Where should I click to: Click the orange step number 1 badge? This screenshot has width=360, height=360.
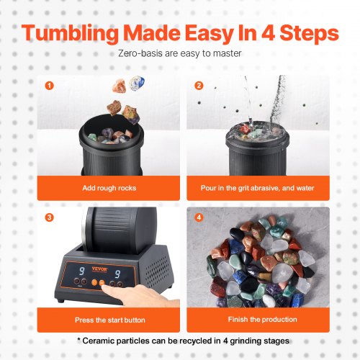pos(49,85)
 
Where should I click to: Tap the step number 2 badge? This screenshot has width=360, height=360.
pos(199,85)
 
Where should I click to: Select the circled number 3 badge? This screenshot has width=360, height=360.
pos(49,217)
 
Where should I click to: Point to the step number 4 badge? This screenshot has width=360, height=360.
pos(199,217)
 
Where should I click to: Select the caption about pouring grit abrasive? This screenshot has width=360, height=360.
pos(258,187)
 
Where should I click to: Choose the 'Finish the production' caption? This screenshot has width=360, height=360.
pos(258,319)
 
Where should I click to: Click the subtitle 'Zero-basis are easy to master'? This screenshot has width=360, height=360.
pos(180,53)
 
